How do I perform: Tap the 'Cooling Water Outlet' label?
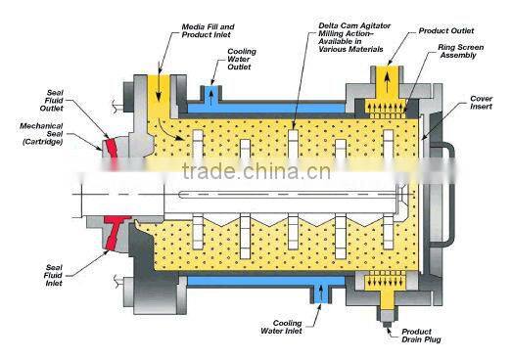pyautogui.click(x=243, y=60)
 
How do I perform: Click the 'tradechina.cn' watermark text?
pyautogui.click(x=255, y=174)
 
